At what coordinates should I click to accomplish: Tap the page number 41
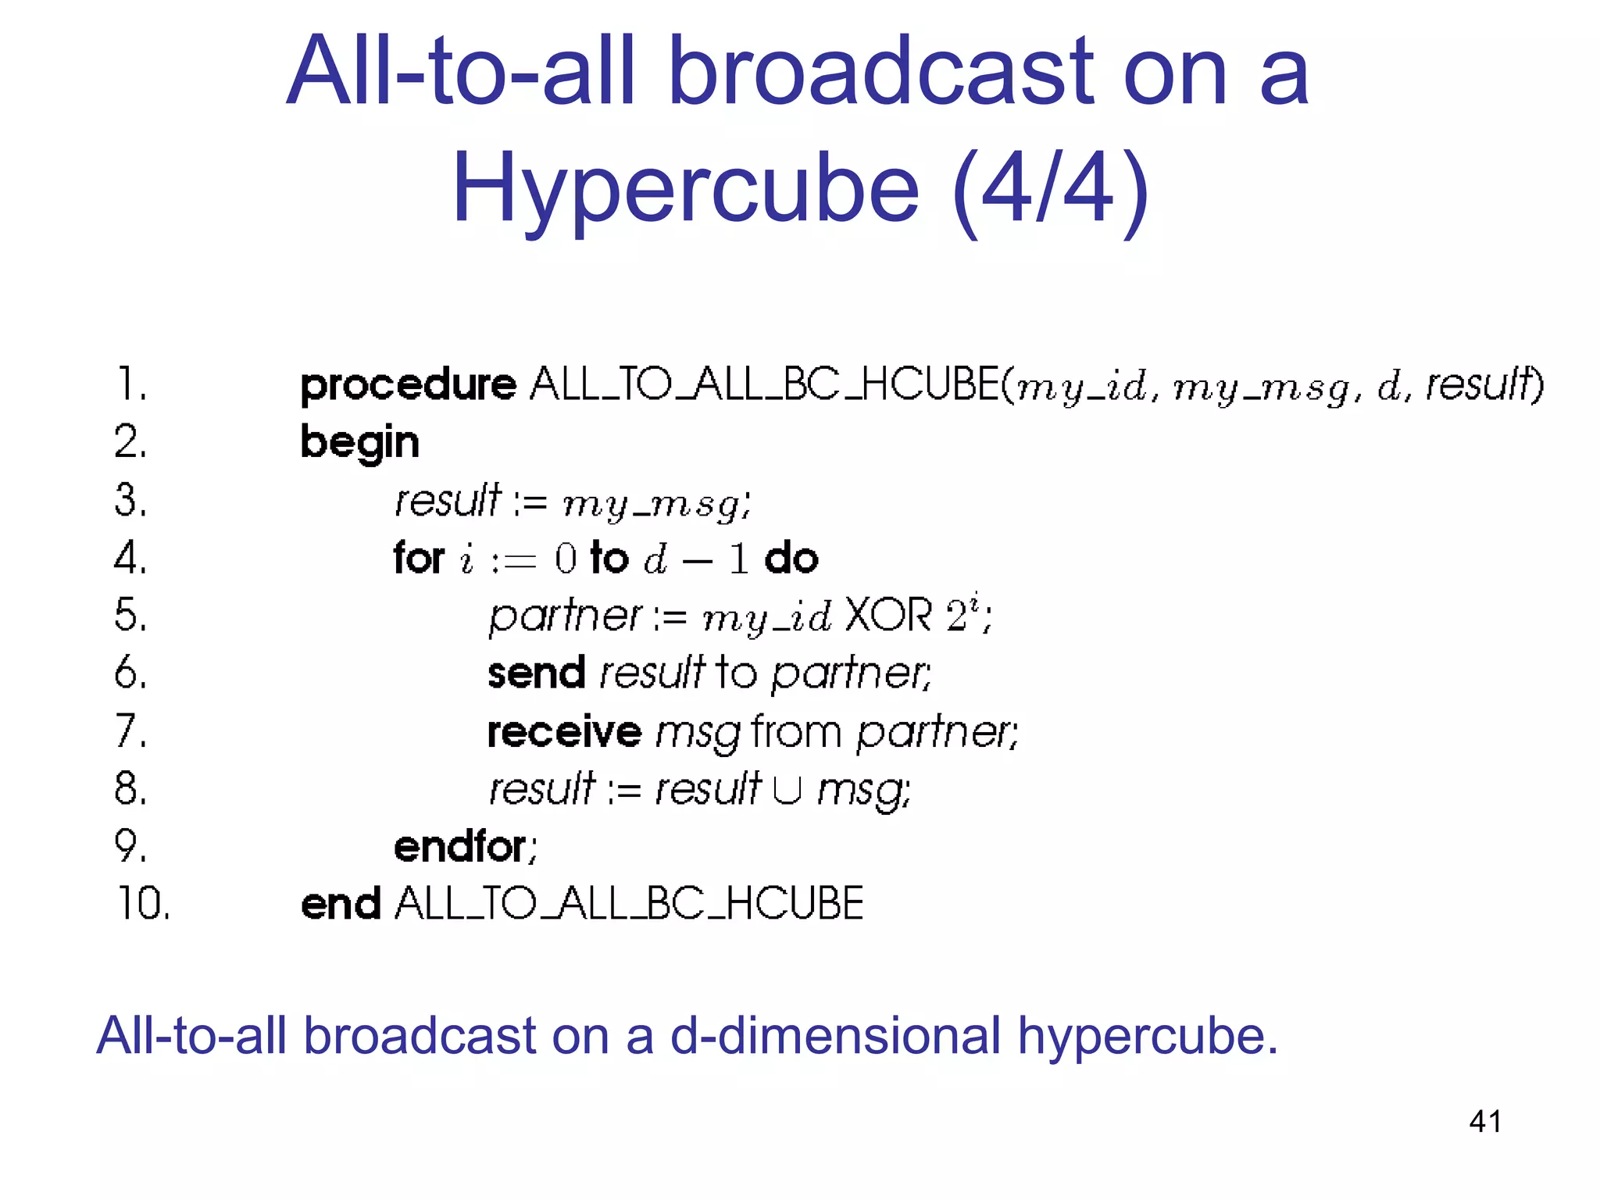click(x=1485, y=1121)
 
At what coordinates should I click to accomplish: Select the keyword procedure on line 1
click(x=408, y=385)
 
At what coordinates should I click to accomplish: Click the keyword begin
click(x=359, y=443)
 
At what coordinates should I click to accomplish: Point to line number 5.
click(x=130, y=615)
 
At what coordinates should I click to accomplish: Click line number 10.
click(x=143, y=903)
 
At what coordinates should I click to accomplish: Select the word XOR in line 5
click(x=889, y=615)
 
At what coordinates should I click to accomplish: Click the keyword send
click(x=536, y=673)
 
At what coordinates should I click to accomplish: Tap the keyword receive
click(x=564, y=732)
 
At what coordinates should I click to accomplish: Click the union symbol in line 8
click(x=787, y=790)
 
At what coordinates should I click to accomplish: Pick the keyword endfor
click(x=461, y=847)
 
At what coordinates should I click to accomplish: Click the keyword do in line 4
click(x=791, y=558)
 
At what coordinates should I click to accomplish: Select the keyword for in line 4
click(x=419, y=558)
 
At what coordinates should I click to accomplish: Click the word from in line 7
click(x=795, y=732)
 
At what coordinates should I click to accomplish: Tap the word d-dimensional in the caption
click(x=835, y=1036)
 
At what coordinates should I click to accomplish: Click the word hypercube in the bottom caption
click(x=1147, y=1037)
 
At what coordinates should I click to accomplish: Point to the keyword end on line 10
click(x=340, y=905)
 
